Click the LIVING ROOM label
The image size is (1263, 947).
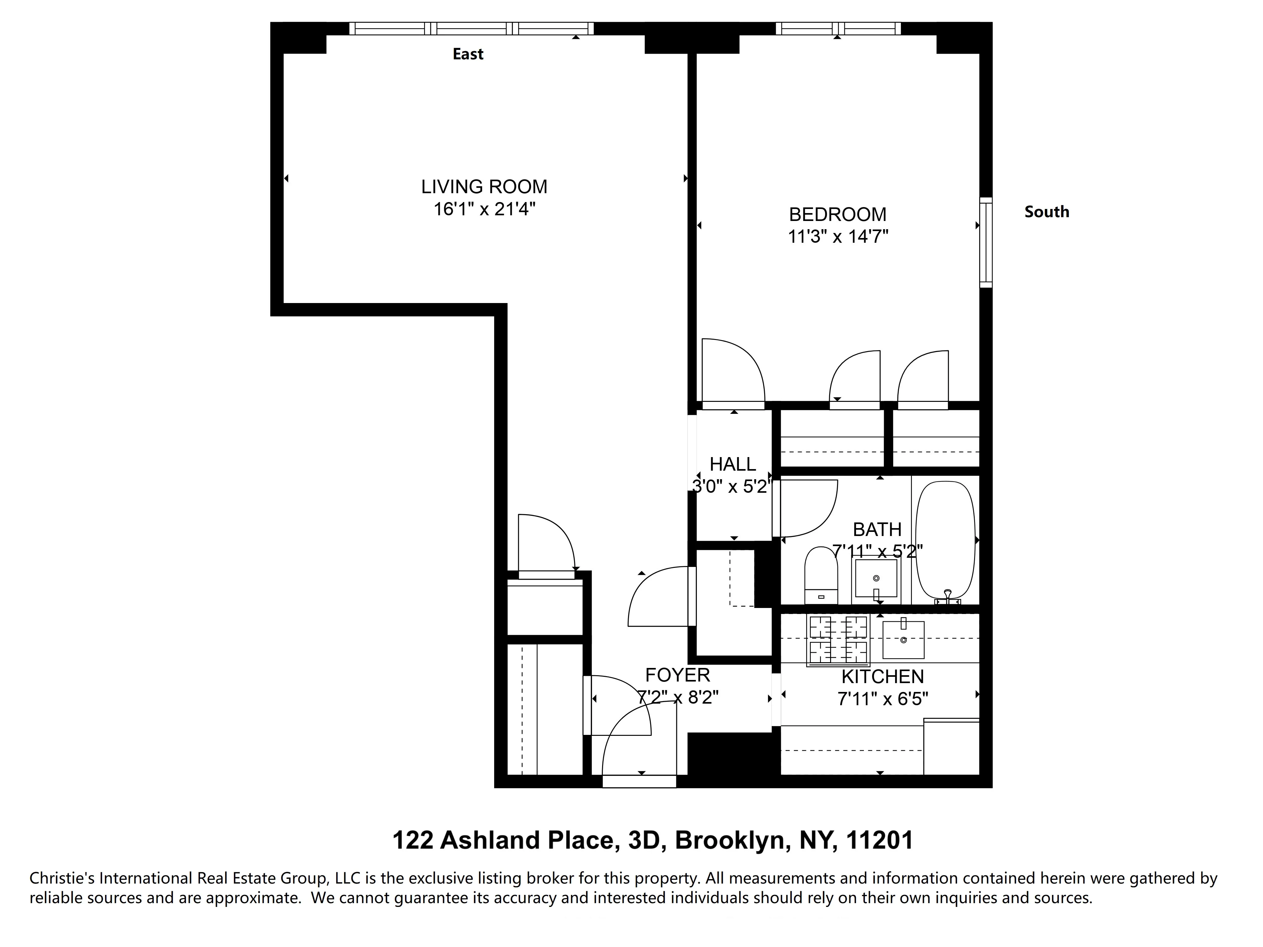tap(484, 187)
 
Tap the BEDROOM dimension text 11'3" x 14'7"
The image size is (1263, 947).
tap(838, 236)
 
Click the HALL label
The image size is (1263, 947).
tap(733, 464)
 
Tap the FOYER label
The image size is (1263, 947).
tap(677, 675)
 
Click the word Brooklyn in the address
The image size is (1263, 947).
tap(733, 840)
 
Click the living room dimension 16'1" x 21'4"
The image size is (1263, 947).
tap(484, 210)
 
